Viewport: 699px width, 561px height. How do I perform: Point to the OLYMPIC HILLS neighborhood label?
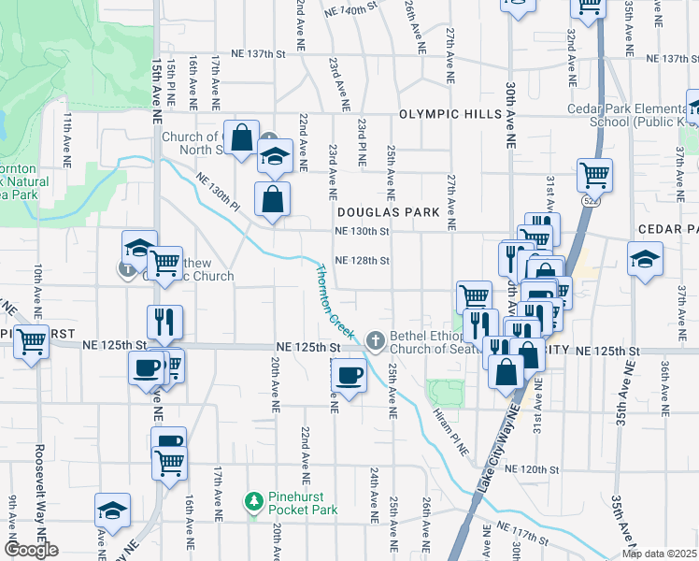tap(444, 114)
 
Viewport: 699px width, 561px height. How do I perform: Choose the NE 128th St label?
tap(361, 261)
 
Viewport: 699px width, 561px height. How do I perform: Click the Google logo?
tap(31, 550)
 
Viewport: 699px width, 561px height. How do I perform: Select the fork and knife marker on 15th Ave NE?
tap(164, 323)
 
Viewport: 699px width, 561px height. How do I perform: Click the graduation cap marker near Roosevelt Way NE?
tap(112, 511)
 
